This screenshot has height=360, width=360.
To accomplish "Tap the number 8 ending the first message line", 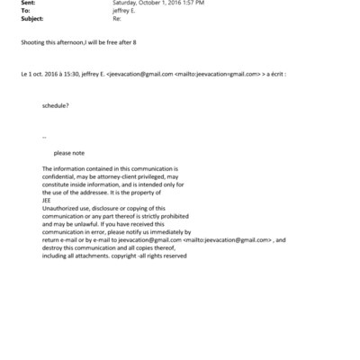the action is pos(158,42).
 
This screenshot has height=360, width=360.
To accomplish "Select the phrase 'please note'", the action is pos(69,152).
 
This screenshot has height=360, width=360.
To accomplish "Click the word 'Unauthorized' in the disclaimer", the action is pos(62,208).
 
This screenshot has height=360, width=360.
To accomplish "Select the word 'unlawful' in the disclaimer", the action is pos(90,224).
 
